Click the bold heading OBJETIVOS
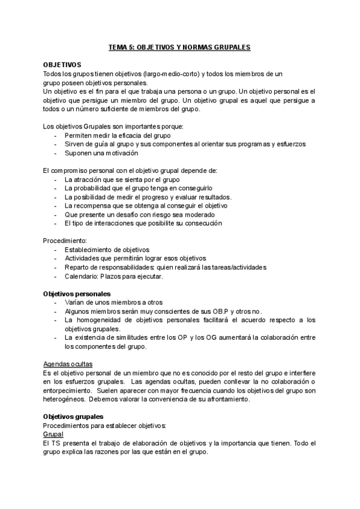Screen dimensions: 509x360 click(x=62, y=64)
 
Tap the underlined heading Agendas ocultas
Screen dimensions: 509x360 click(x=68, y=364)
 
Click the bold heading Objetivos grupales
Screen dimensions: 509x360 click(x=73, y=417)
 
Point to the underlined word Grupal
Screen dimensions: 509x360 click(x=53, y=434)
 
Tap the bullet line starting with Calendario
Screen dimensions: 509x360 click(x=113, y=276)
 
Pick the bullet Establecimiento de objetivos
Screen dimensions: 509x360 click(x=107, y=250)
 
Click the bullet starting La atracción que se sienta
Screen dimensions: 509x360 click(x=122, y=179)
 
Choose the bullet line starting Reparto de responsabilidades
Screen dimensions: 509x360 click(x=165, y=267)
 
